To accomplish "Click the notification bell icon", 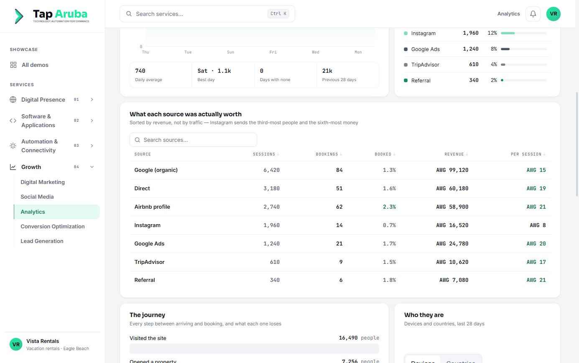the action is [x=533, y=14].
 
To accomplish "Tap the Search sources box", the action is [x=193, y=140].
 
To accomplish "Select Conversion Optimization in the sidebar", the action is [x=53, y=226].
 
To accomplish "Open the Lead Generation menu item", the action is [x=42, y=241].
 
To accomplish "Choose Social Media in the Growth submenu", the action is [x=37, y=197].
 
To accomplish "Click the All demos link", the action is [x=35, y=65].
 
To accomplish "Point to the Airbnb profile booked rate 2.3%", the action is [x=389, y=207].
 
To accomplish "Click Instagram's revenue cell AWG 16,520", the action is [x=452, y=225].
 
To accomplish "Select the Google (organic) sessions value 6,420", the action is [x=271, y=170].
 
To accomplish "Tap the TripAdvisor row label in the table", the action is [x=149, y=262].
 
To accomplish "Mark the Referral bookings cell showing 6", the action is [x=341, y=280].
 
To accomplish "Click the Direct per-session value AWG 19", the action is [x=536, y=189].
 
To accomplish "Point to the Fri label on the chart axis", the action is [x=273, y=52].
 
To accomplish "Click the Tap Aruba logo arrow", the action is [x=19, y=16].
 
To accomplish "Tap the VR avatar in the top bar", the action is [x=553, y=14].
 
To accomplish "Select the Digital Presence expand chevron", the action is [x=92, y=100].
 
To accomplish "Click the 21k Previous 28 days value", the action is [x=327, y=71].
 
